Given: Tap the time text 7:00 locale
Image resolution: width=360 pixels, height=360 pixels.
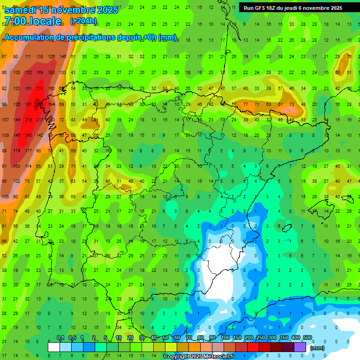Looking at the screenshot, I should pyautogui.click(x=33, y=21).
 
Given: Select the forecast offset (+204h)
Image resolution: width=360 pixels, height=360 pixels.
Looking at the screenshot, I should pyautogui.click(x=83, y=21).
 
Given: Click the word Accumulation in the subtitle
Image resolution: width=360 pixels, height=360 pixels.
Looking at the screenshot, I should pyautogui.click(x=31, y=37).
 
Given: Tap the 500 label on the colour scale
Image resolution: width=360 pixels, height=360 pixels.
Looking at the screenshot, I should pyautogui.click(x=307, y=337).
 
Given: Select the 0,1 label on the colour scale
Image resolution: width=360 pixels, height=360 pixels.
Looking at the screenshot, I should pyautogui.click(x=60, y=337).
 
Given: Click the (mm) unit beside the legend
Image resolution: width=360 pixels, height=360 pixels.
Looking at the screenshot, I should pyautogui.click(x=317, y=348).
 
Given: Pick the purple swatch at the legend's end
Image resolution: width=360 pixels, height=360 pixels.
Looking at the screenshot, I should pyautogui.click(x=300, y=347).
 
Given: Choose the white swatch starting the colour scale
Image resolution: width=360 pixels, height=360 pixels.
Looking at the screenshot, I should pyautogui.click(x=53, y=347).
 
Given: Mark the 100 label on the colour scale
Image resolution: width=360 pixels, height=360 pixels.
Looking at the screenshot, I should pyautogui.click(x=225, y=337).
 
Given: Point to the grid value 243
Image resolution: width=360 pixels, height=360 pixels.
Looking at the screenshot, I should pyautogui.click(x=29, y=135).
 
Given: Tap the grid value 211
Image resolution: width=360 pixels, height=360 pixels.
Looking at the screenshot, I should pyautogui.click(x=40, y=88).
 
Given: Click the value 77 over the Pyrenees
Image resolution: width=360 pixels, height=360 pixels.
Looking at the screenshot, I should pyautogui.click(x=246, y=104).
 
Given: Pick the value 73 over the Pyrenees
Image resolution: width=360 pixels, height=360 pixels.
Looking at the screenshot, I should pyautogui.click(x=292, y=104).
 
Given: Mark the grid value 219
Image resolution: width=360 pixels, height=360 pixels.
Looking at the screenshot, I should pyautogui.click(x=29, y=120).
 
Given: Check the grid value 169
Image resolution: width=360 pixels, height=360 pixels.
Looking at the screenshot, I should pyautogui.click(x=40, y=72).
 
